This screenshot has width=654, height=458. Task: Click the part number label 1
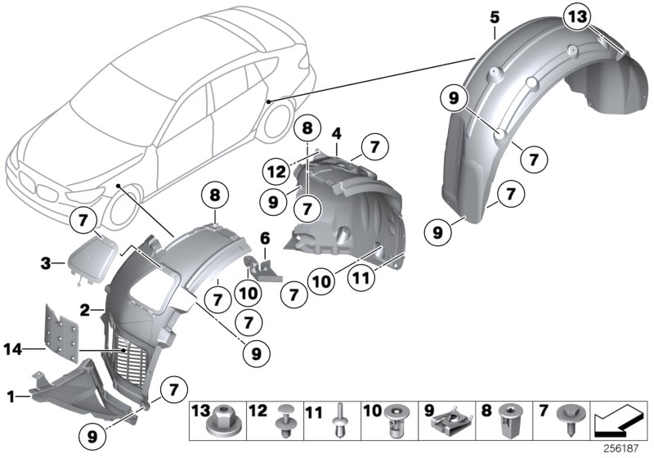click(11, 397)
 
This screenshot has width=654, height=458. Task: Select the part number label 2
click(83, 309)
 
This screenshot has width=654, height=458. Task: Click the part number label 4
click(336, 132)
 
